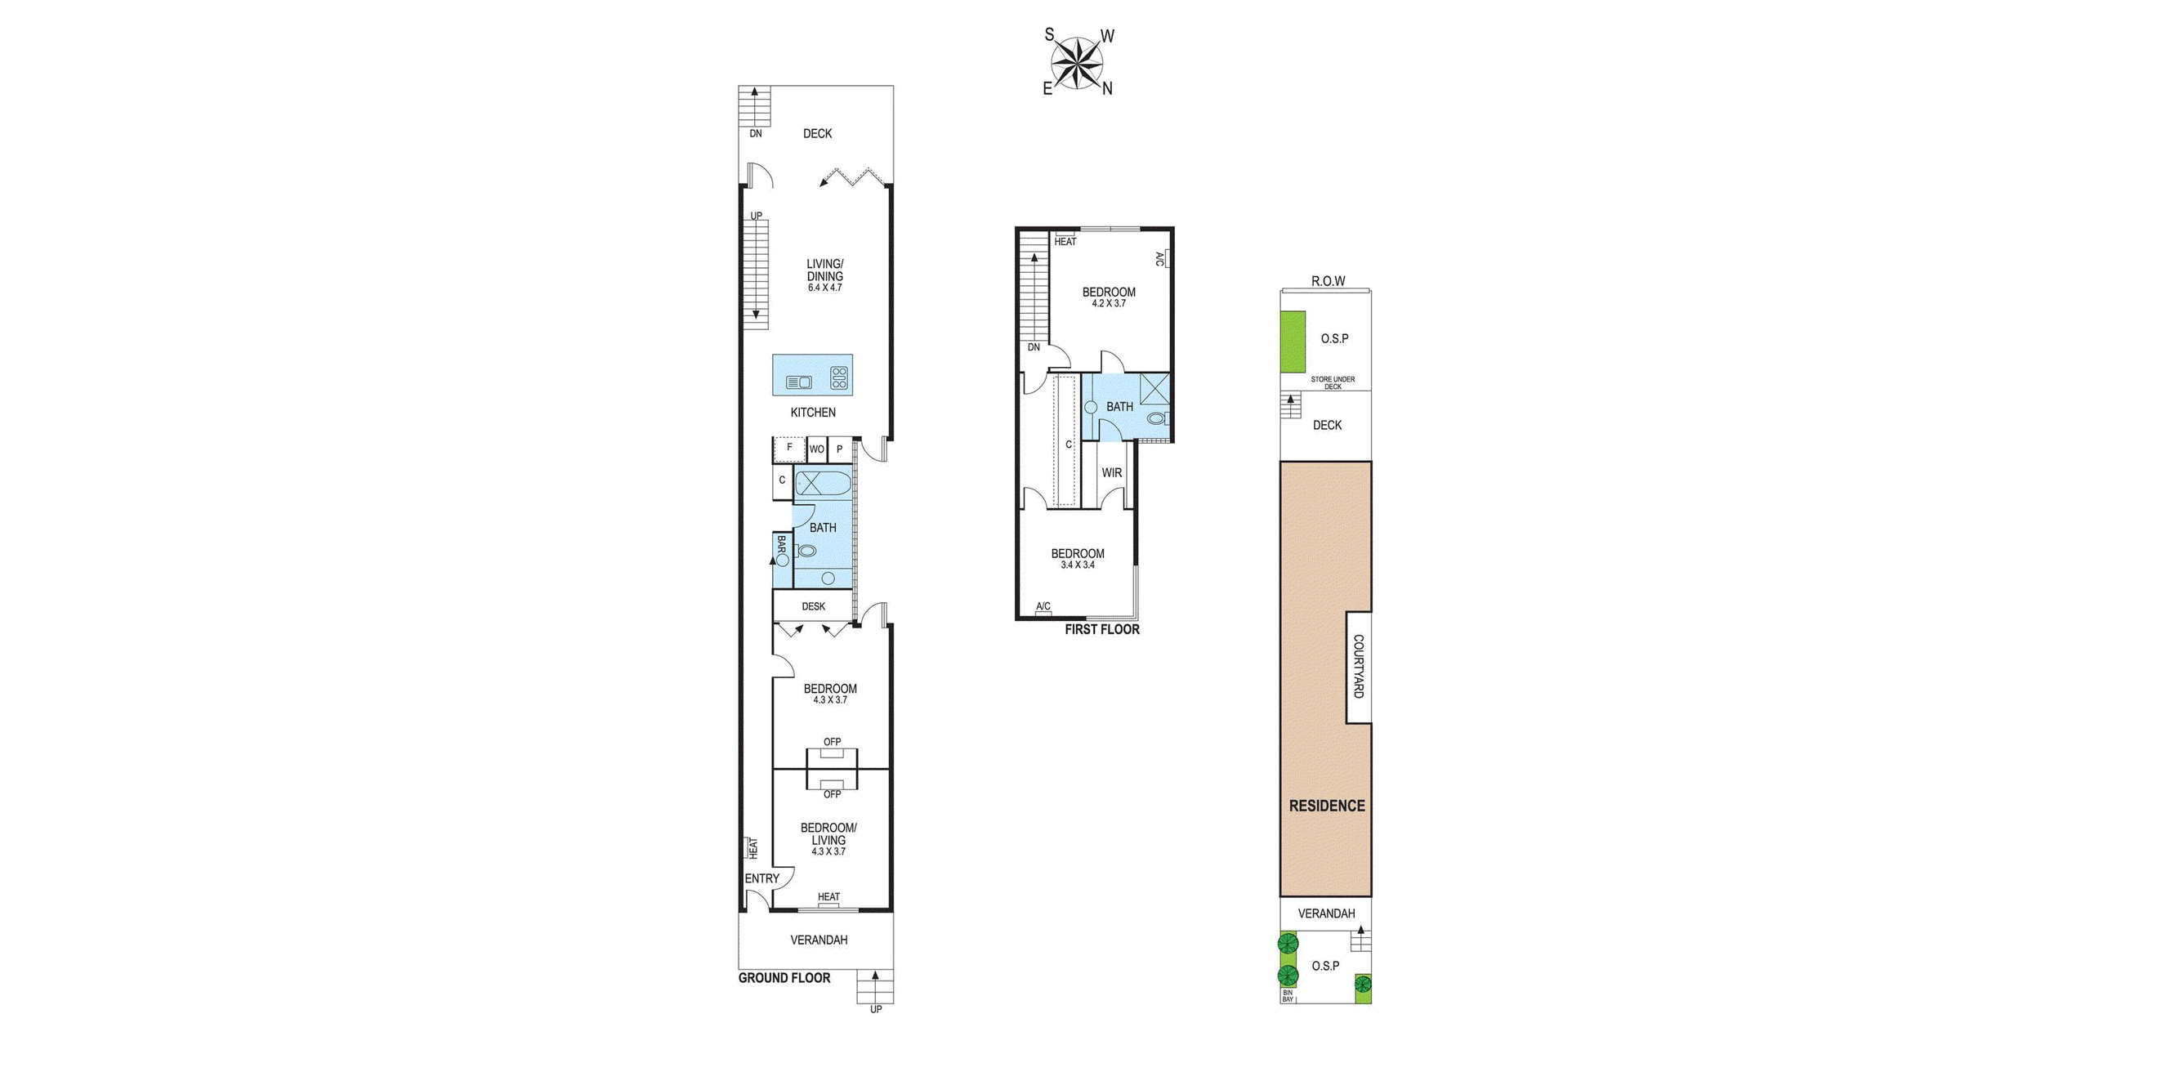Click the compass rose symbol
[1078, 63]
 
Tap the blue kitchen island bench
[811, 374]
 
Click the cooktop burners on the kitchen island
[839, 377]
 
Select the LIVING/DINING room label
[824, 270]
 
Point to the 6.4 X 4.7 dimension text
[824, 288]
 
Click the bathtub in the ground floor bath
[822, 484]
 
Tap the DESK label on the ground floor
[813, 606]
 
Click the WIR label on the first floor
[1111, 473]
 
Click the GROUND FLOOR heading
[784, 977]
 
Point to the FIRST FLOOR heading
[1101, 630]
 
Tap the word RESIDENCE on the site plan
[1326, 806]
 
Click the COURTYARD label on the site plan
[1358, 667]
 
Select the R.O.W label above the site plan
[1328, 281]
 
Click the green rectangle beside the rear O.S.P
[1293, 342]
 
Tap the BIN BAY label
[1288, 996]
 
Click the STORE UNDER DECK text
[1333, 382]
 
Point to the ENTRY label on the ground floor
[762, 878]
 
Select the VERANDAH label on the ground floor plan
[818, 940]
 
